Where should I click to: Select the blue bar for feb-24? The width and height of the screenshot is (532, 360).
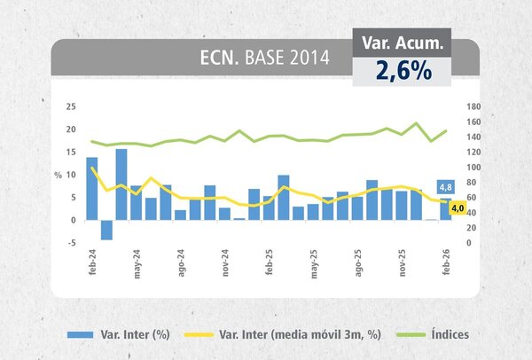tap(92, 188)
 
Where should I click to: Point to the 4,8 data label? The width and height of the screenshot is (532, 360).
tap(447, 187)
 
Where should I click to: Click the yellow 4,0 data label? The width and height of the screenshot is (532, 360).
tap(458, 209)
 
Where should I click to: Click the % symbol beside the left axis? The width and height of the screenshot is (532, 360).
tap(59, 175)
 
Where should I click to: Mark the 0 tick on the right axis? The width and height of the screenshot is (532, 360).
tap(470, 242)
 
